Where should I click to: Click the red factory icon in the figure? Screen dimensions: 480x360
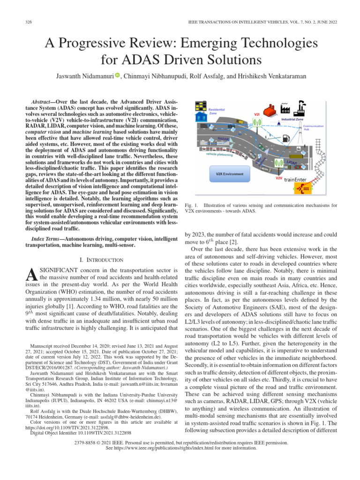click(x=270, y=111)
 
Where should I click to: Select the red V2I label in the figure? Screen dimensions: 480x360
click(x=257, y=114)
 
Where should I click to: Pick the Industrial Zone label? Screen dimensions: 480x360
click(x=295, y=120)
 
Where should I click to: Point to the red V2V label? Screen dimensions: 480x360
click(x=278, y=178)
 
